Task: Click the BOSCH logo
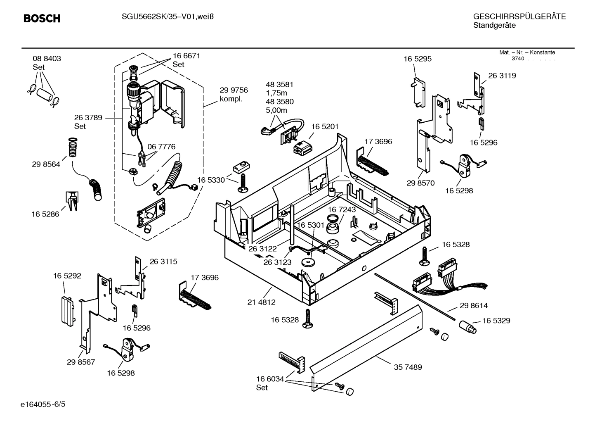42,19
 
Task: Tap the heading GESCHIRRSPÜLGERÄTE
519,17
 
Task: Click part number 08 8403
47,59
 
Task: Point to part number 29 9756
234,90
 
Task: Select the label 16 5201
325,126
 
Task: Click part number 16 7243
342,209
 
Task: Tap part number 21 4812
261,302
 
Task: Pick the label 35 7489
408,367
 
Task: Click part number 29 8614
474,306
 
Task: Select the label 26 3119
502,76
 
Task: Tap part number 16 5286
45,214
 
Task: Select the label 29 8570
420,183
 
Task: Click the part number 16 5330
211,180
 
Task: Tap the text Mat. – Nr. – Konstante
527,52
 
